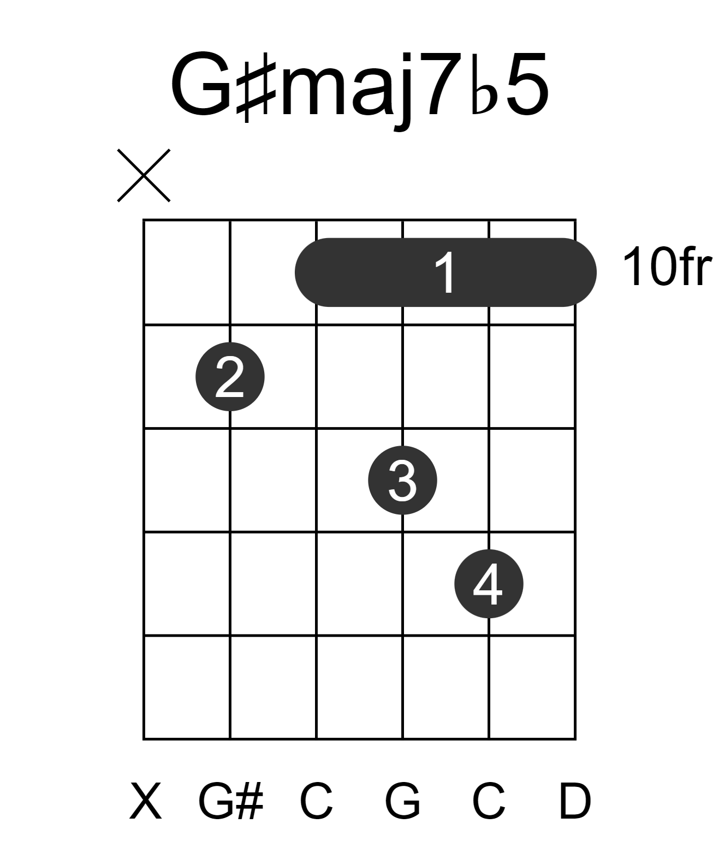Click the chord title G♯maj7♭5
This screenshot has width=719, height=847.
359,87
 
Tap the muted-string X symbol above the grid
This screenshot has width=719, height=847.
144,175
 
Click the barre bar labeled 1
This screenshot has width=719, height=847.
445,273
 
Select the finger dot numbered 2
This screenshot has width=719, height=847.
230,377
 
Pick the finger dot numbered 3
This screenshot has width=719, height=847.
403,480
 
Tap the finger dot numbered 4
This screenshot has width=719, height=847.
489,584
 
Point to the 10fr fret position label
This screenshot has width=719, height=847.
667,267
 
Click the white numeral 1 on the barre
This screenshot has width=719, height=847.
445,273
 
